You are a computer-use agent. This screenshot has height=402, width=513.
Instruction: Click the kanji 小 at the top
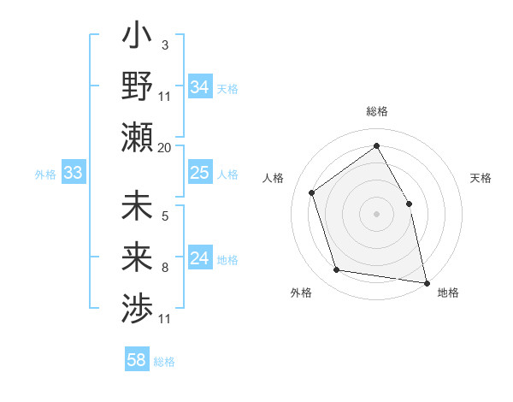137,39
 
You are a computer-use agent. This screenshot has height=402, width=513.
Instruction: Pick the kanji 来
137,258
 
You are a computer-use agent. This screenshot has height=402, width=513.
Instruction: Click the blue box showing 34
200,86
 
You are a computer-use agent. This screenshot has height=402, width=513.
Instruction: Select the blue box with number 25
200,174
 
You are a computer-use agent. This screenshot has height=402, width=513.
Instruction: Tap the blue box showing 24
200,259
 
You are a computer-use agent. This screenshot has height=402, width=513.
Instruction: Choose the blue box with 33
73,174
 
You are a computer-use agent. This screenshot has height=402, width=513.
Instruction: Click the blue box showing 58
137,360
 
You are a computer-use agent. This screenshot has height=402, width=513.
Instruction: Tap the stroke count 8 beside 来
164,267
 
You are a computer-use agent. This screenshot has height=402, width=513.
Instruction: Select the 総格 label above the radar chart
376,111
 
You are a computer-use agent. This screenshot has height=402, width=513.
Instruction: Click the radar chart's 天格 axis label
481,179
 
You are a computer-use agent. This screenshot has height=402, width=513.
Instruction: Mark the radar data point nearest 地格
425,282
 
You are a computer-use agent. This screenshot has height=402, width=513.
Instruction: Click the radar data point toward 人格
312,192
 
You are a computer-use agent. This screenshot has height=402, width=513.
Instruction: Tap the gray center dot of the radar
376,213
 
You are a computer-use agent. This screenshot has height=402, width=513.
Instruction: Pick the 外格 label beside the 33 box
45,174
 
